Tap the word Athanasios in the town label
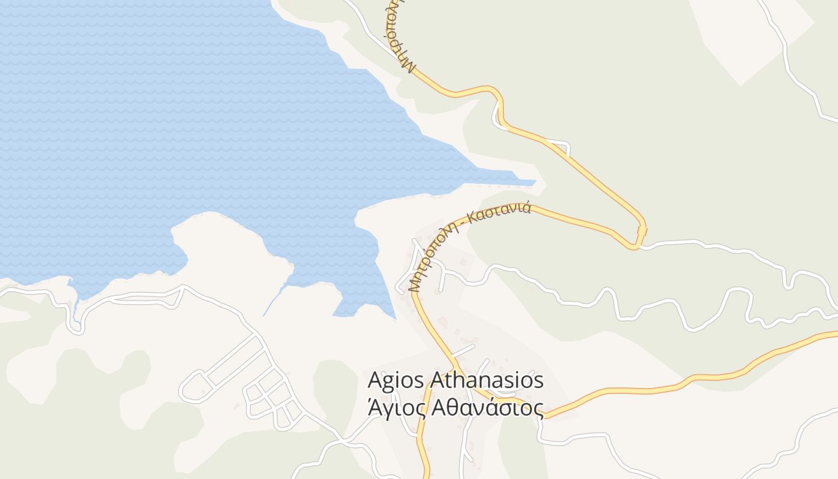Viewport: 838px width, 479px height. pyautogui.click(x=488, y=381)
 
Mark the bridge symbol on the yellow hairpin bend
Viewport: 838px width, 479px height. pyautogui.click(x=642, y=231)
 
